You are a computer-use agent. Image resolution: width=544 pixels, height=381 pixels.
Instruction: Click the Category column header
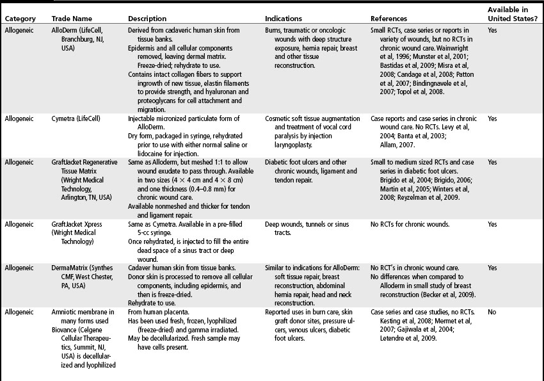(x=20, y=19)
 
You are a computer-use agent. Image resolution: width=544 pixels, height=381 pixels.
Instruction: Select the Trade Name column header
(x=70, y=19)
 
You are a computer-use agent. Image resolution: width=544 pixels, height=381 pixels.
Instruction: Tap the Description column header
(x=148, y=19)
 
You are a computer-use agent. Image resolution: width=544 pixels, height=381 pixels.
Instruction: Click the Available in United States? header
(x=512, y=14)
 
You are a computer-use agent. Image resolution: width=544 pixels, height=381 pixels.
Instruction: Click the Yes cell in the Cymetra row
(x=492, y=118)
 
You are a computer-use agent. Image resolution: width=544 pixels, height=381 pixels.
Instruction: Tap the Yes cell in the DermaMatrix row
(x=492, y=268)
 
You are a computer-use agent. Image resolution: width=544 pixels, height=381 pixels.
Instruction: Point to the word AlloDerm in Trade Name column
(x=65, y=30)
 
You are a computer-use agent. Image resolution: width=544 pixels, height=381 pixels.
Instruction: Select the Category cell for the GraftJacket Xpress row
(x=19, y=225)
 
